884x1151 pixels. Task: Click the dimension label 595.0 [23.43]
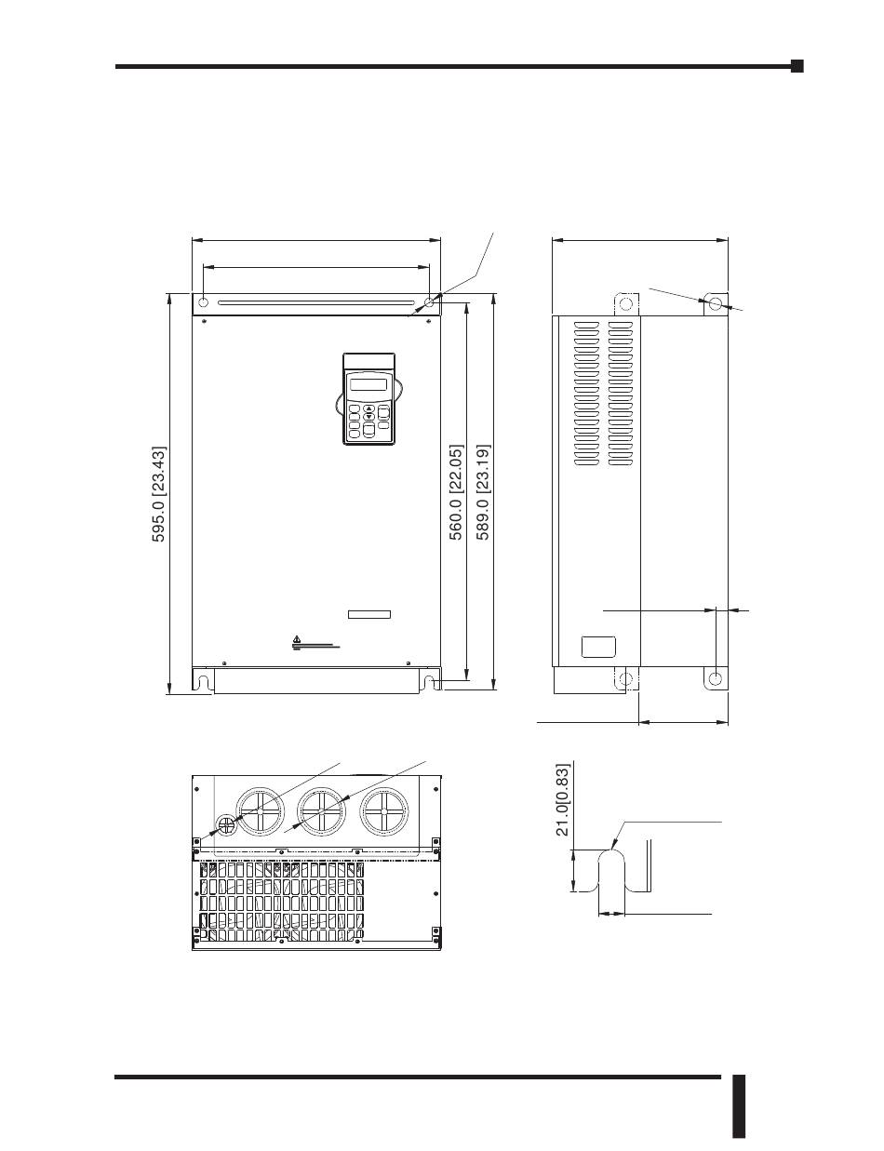point(159,494)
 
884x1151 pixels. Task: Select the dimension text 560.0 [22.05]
point(456,492)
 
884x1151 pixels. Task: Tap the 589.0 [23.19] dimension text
point(483,492)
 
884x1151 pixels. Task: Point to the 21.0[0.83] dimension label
point(562,799)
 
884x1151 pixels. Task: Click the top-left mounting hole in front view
point(204,302)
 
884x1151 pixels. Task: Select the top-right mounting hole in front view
point(430,302)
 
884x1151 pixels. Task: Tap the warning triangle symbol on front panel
point(297,638)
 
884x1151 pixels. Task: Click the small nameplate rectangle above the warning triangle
point(369,614)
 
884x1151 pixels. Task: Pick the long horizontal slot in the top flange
point(316,303)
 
